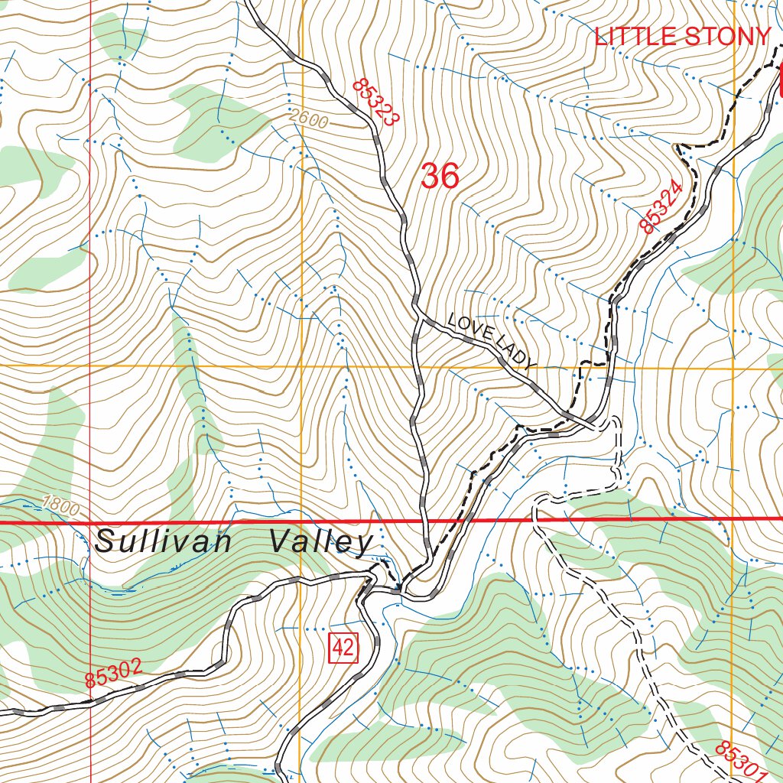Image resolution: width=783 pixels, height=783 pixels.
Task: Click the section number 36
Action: point(440,177)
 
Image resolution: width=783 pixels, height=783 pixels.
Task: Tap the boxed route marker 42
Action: point(343,648)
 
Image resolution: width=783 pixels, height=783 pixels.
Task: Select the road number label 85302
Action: point(113,673)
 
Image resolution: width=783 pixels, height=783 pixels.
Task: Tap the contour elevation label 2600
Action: point(309,120)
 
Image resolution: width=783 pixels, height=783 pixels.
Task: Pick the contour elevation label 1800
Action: point(61,505)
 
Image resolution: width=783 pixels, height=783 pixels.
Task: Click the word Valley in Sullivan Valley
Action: point(320,542)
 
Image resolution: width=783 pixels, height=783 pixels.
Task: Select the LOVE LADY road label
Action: point(492,341)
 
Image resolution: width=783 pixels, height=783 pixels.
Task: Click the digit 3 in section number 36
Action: point(430,177)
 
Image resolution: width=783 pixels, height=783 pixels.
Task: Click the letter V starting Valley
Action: point(280,542)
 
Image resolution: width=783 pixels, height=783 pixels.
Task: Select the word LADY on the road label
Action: point(517,355)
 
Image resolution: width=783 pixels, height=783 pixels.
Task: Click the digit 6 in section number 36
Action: point(450,177)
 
